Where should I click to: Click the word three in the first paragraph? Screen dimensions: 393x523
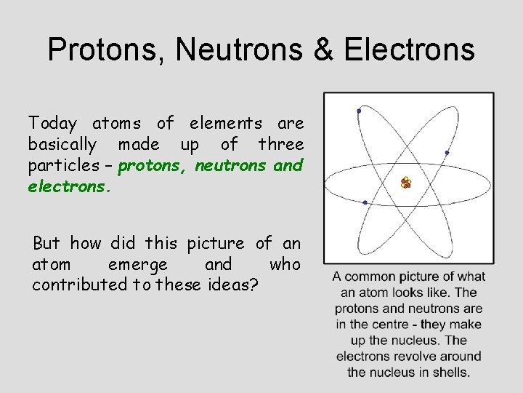[280, 144]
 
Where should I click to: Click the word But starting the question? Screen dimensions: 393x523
[46, 242]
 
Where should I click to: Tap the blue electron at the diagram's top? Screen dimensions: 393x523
[359, 111]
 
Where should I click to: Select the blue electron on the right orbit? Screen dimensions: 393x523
[447, 152]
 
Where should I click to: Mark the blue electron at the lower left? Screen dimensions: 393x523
[365, 202]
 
